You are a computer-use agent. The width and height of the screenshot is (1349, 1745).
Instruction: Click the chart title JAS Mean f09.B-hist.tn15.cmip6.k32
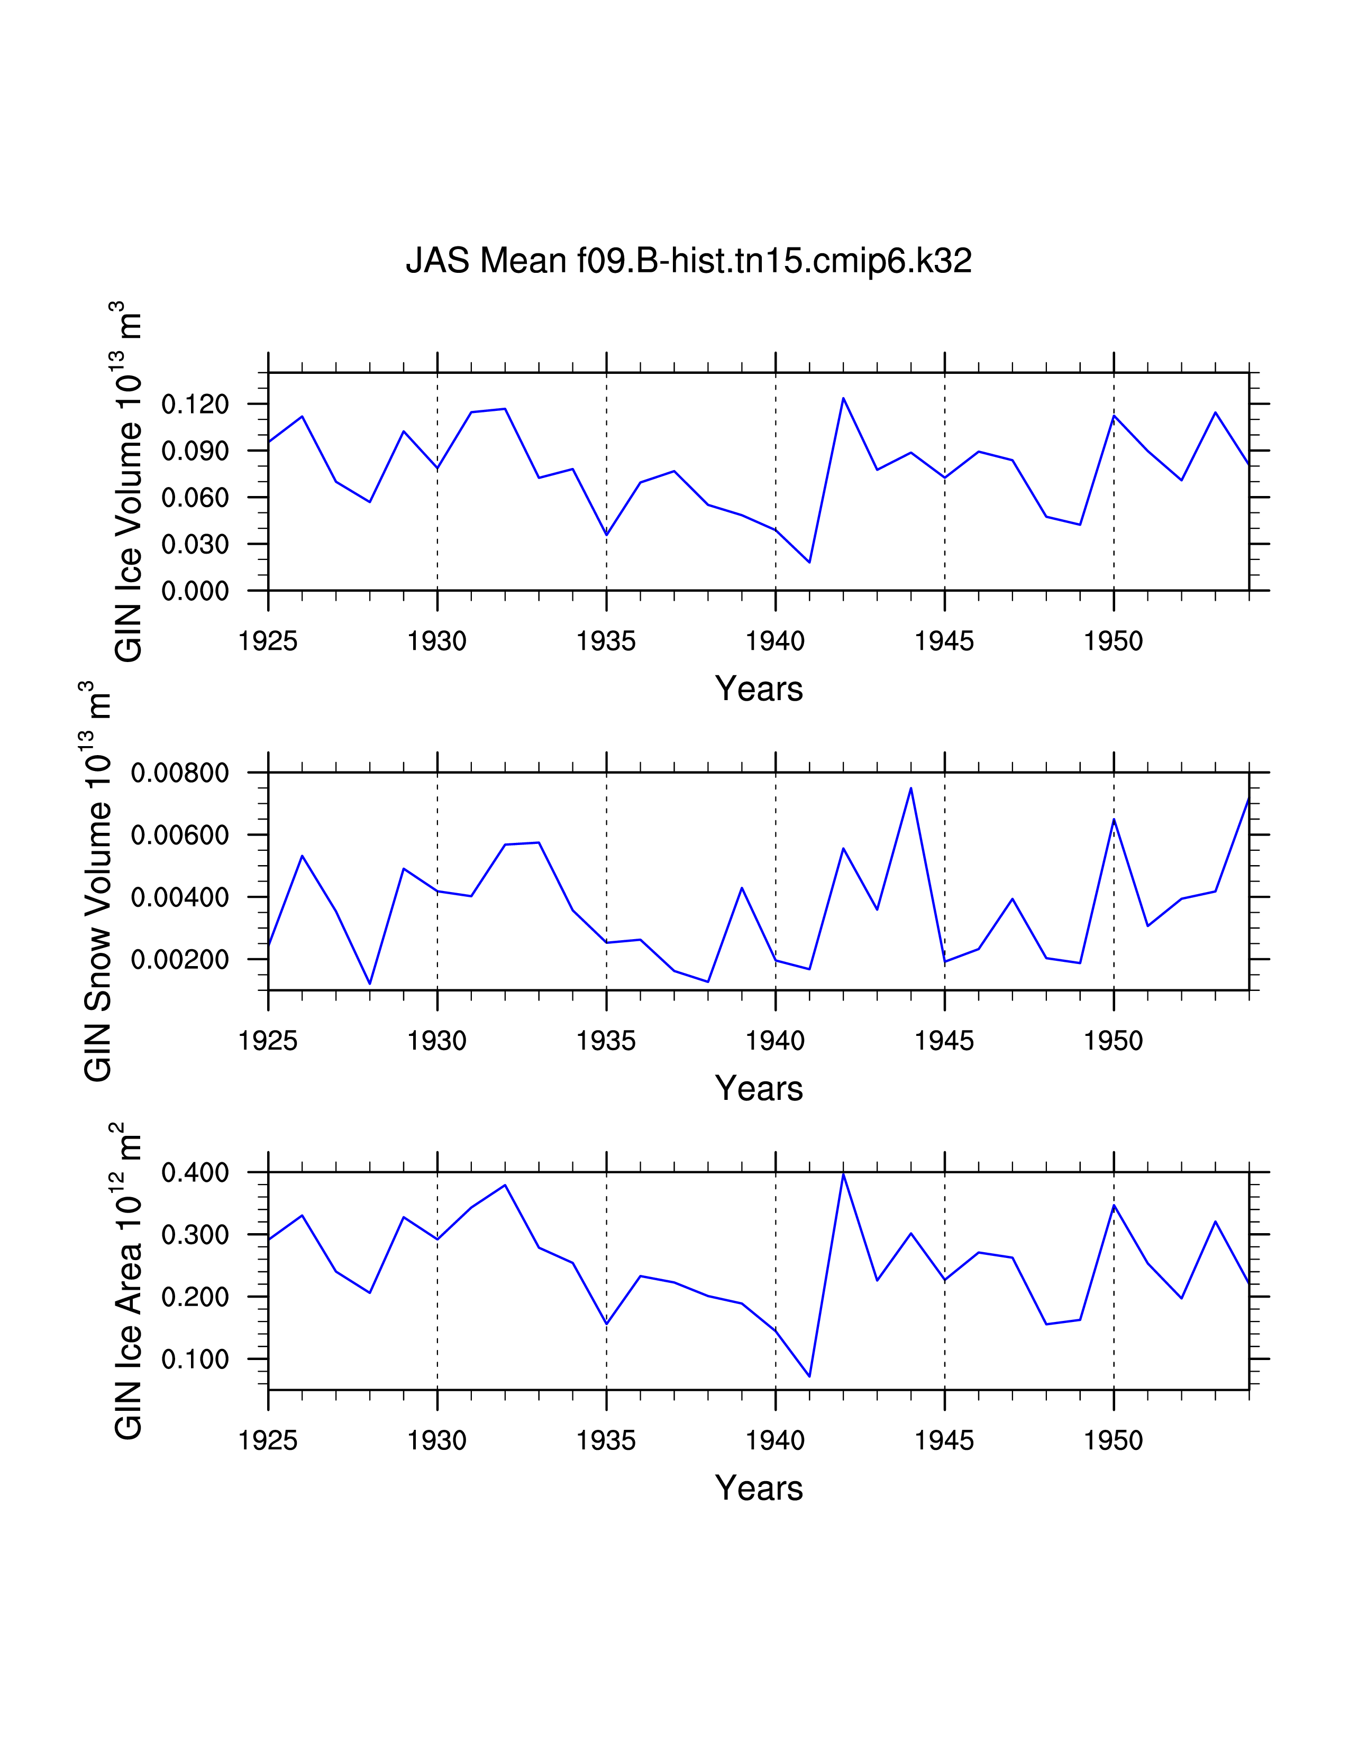coord(689,261)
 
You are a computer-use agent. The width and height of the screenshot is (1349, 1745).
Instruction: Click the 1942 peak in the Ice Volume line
coord(843,398)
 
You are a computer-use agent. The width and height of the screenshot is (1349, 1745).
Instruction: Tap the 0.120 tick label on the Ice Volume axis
coord(195,405)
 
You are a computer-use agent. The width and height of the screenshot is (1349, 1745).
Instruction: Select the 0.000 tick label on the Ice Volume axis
coord(195,591)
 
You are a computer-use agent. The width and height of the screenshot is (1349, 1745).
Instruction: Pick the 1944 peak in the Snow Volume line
coord(911,788)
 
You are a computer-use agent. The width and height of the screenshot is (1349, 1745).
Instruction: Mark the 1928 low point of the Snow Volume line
coord(370,984)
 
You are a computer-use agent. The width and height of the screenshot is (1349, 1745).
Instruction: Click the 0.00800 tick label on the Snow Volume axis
coord(180,773)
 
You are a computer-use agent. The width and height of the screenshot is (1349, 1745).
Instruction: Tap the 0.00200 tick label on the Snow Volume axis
coord(180,960)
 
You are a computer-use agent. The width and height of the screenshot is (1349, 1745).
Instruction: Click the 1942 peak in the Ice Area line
coord(843,1174)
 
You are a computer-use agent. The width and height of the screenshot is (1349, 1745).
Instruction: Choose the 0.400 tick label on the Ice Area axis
coord(195,1173)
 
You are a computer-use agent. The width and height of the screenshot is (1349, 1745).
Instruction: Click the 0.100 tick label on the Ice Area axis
coord(195,1359)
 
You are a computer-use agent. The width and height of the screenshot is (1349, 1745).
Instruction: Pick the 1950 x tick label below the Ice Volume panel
coord(1113,641)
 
